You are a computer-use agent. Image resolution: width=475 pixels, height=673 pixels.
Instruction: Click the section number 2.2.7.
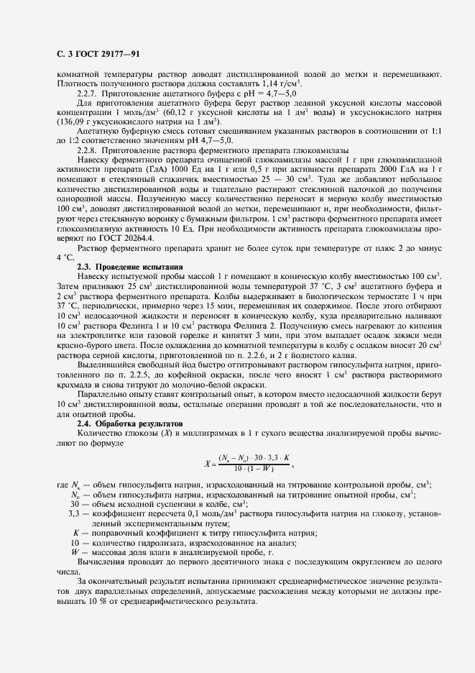pos(86,94)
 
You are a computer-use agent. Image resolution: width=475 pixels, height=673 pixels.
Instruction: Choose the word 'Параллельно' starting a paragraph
pos(102,395)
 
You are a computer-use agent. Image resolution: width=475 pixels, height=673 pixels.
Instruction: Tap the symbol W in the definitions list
pos(74,550)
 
